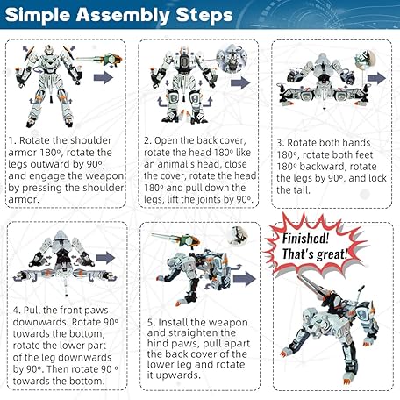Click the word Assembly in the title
click(x=123, y=16)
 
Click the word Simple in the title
click(x=38, y=16)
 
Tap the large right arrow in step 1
click(x=104, y=77)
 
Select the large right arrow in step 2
click(x=240, y=82)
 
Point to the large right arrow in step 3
click(x=377, y=78)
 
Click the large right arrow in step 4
click(x=105, y=258)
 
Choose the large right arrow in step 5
click(x=245, y=279)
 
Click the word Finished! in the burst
click(x=305, y=239)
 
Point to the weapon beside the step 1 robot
click(x=99, y=60)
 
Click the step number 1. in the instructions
click(x=12, y=140)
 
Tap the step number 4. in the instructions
click(x=17, y=311)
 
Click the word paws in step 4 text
click(x=95, y=311)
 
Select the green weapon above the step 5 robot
click(x=175, y=239)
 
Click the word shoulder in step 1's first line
click(x=91, y=140)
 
